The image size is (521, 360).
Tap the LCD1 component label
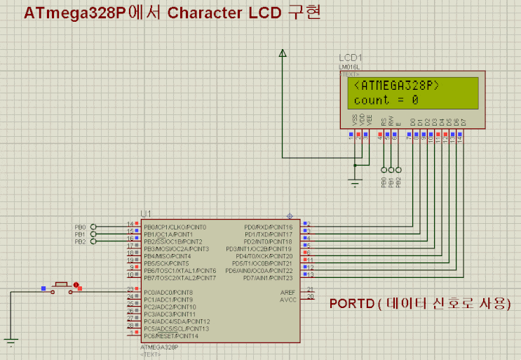pos(351,58)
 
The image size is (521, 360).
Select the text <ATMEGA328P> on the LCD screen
pos(396,86)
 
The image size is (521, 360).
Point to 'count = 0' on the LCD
pos(386,100)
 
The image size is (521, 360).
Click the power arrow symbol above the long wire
pos(283,53)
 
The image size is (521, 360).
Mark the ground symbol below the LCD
pos(355,184)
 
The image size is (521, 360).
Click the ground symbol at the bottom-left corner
pos(11,342)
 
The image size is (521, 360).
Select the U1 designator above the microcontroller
pos(146,213)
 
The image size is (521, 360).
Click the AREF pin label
pos(287,292)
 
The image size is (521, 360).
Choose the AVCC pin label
pos(287,300)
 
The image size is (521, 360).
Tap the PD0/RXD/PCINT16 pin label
pos(268,227)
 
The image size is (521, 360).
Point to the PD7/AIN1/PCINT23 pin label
pos(268,278)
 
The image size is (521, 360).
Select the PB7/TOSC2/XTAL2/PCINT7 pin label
pos(180,278)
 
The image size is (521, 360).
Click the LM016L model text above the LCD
pos(349,67)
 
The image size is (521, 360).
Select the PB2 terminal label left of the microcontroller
pos(79,241)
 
